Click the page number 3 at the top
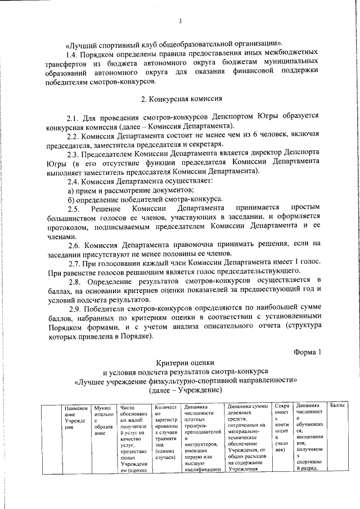point(179,21)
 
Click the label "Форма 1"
point(307,352)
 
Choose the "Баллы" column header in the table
point(336,406)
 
